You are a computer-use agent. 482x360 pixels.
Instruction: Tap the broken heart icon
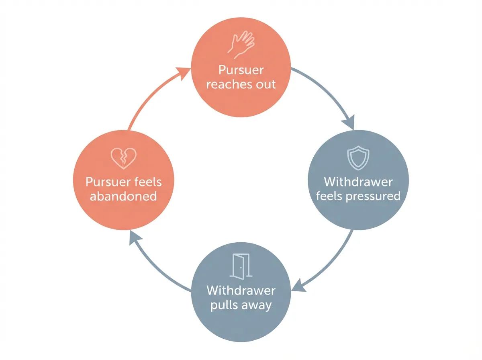click(x=123, y=158)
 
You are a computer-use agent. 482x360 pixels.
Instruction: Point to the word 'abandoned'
click(x=123, y=196)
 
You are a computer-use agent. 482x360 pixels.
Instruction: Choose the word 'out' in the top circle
click(x=266, y=84)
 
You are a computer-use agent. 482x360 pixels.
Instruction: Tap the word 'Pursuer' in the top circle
click(x=241, y=70)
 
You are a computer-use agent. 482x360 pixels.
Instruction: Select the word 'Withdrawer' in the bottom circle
click(x=241, y=290)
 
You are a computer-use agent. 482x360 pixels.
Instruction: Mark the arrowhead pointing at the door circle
click(x=298, y=286)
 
